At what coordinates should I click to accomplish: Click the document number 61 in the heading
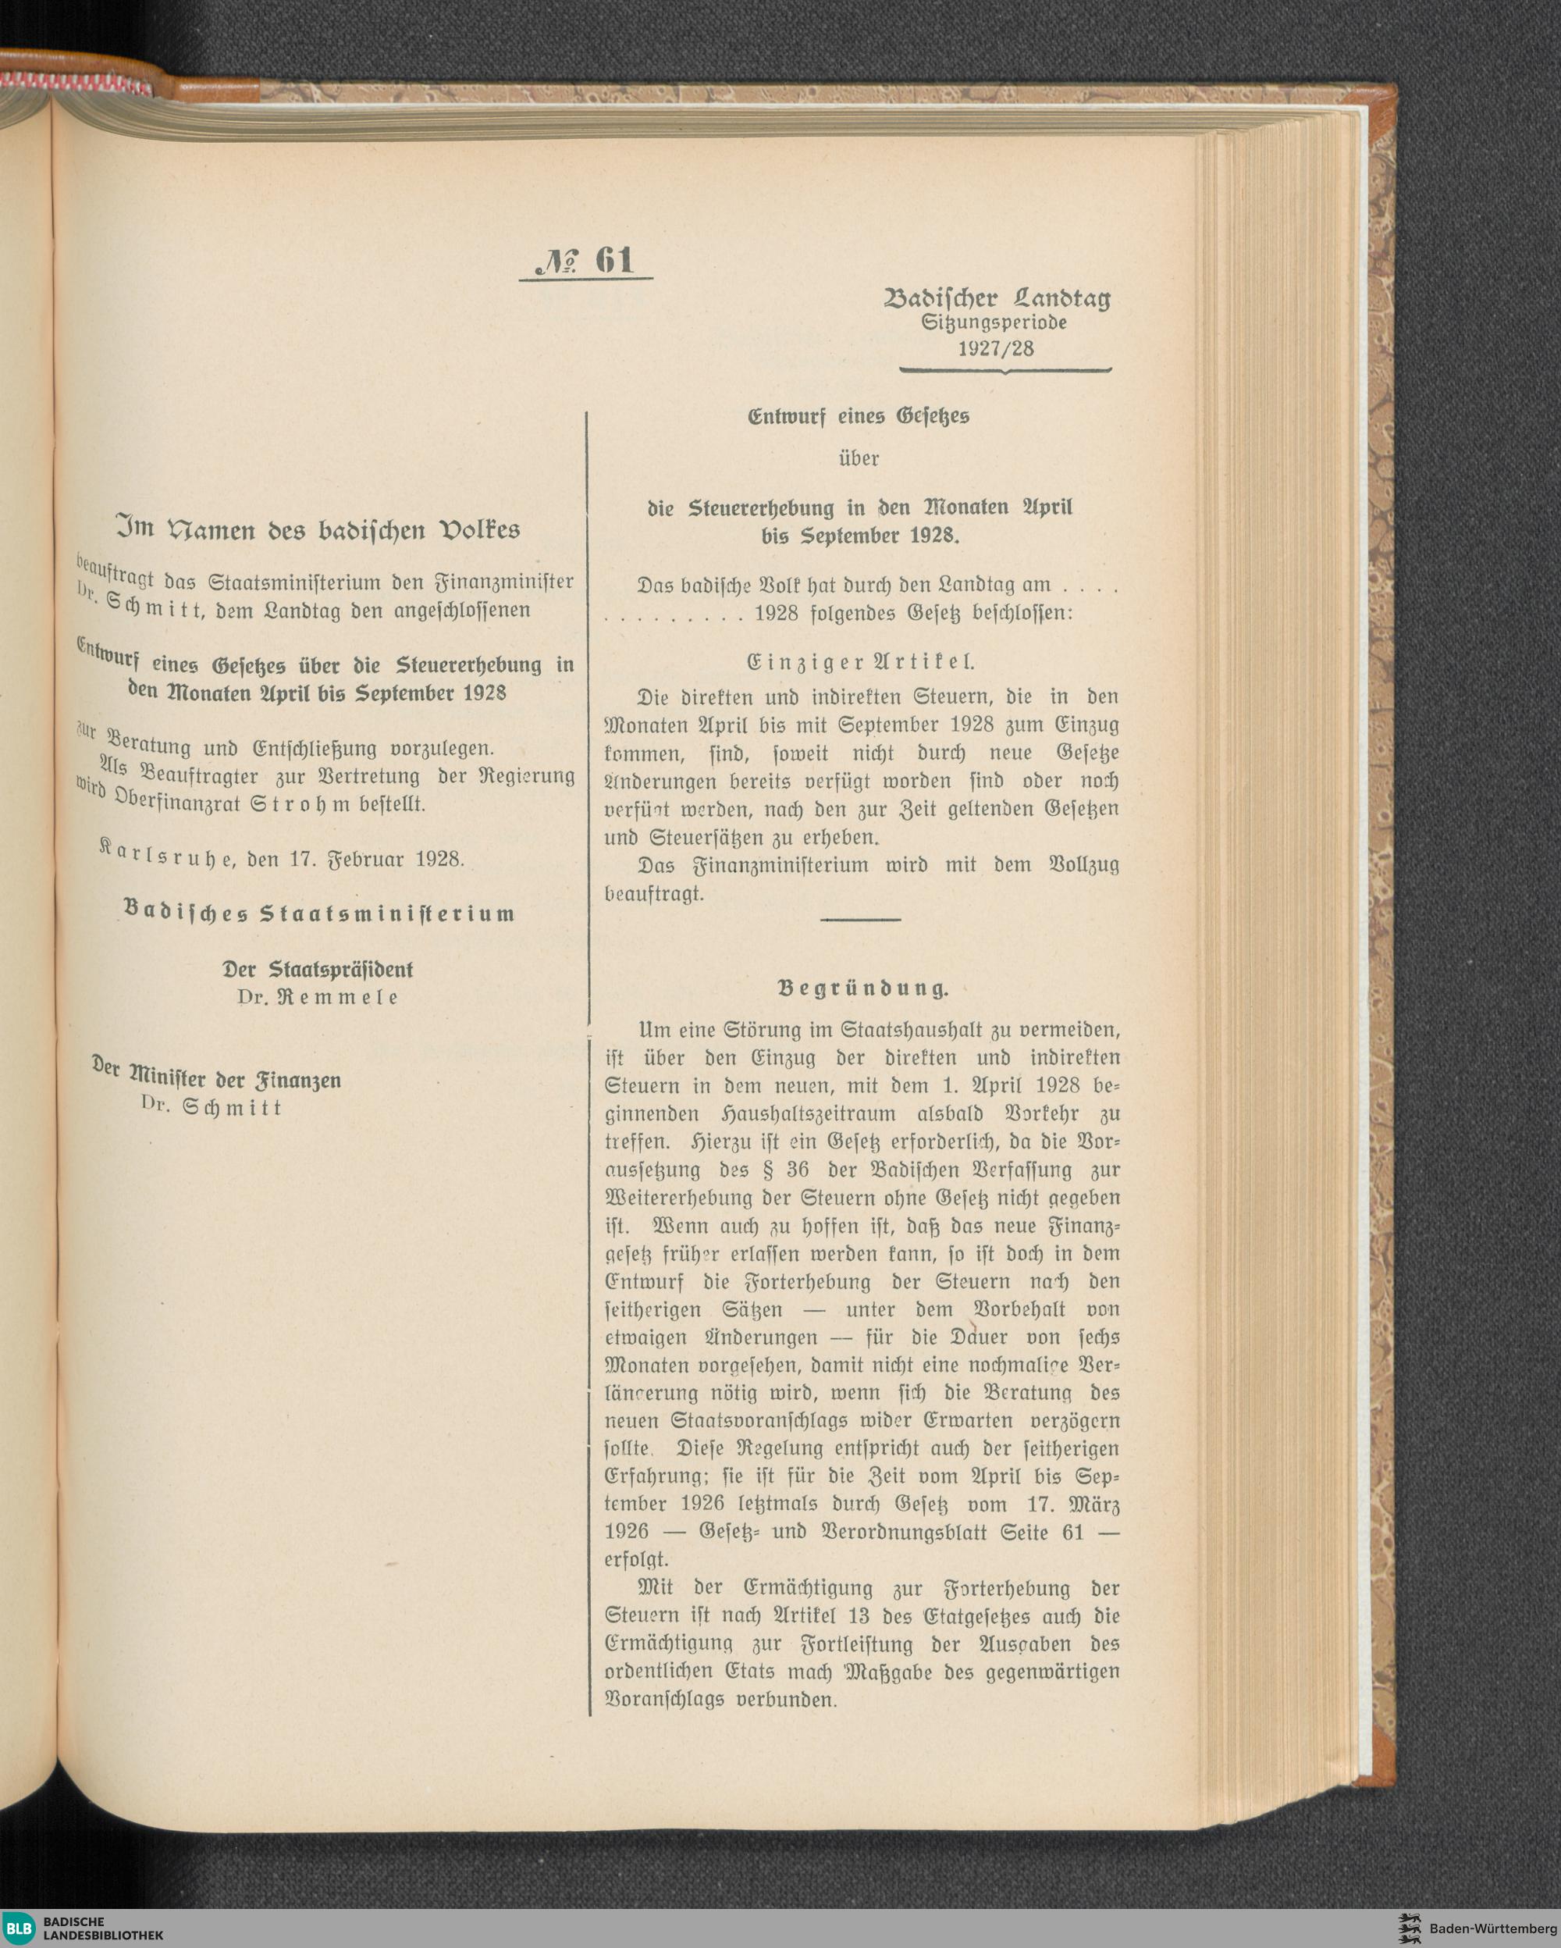pos(614,260)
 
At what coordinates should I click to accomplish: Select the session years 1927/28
pos(995,348)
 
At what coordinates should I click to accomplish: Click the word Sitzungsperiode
pos(994,322)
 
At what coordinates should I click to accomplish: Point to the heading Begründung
pos(862,988)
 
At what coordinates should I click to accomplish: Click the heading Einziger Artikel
pos(861,661)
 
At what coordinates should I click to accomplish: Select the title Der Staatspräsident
pos(318,970)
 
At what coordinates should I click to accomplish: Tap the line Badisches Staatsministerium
pos(318,913)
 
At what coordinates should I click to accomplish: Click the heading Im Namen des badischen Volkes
pos(318,529)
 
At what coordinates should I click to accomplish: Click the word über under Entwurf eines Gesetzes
pos(859,458)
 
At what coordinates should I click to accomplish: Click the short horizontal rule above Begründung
pos(860,920)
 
